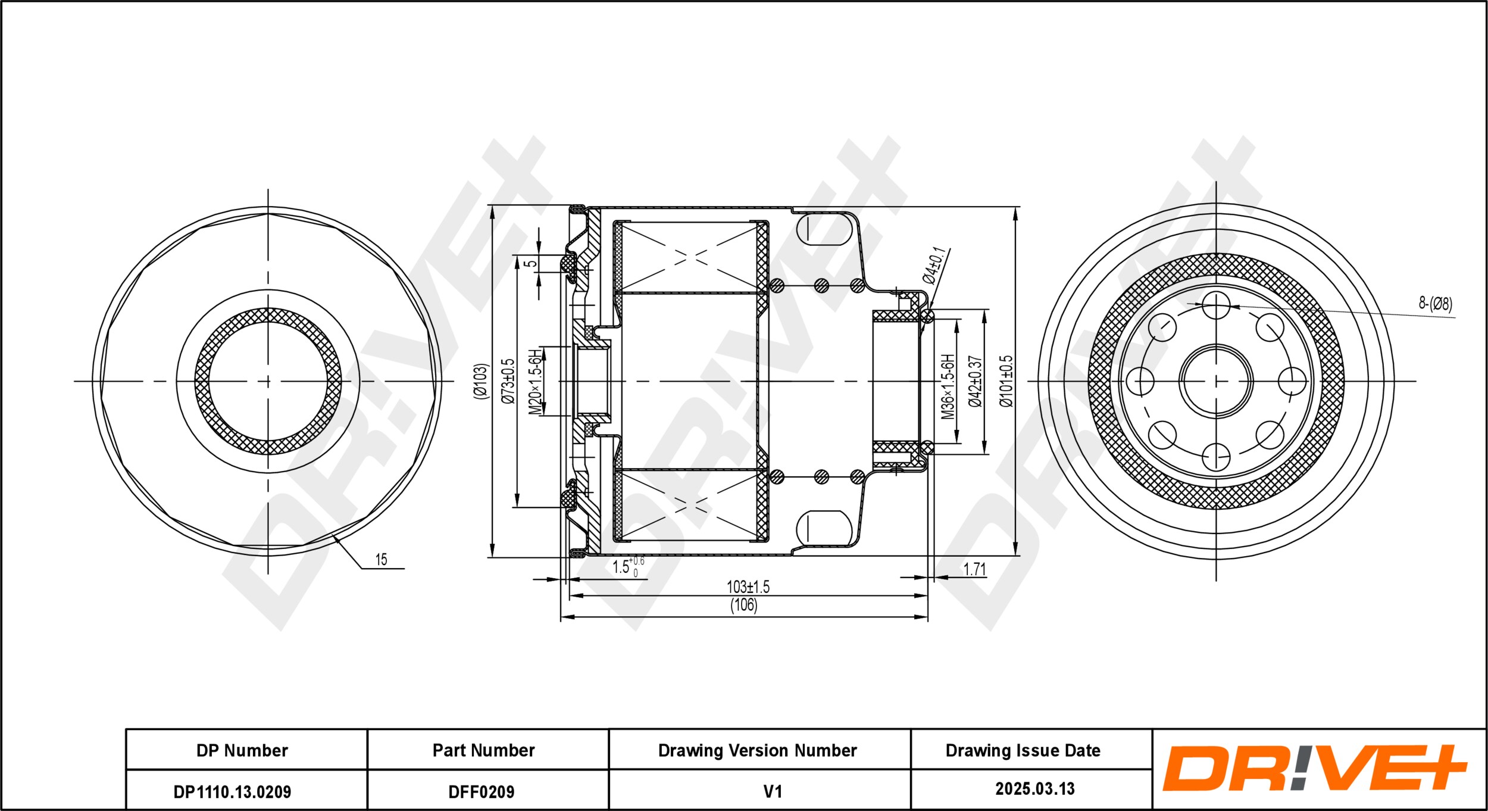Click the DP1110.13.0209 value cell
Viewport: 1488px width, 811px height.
(x=232, y=791)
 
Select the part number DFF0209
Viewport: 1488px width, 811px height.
(x=481, y=791)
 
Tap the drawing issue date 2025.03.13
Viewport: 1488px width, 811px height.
(x=1035, y=789)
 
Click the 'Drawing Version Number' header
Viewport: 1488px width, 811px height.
(x=757, y=750)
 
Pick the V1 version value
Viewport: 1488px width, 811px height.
(x=772, y=791)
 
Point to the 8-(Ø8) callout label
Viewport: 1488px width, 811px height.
(x=1435, y=304)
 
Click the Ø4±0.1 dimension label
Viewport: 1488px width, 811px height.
(x=933, y=266)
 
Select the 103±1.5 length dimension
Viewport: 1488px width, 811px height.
(x=748, y=587)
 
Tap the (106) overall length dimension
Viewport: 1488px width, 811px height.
(x=743, y=606)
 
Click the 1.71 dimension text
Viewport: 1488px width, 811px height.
(x=974, y=569)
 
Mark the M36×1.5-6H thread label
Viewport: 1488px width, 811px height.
(x=948, y=386)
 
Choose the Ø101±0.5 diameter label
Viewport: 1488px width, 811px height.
(x=1006, y=381)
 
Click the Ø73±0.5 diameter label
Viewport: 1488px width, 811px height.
(x=508, y=381)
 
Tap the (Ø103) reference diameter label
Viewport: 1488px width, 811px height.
(x=480, y=381)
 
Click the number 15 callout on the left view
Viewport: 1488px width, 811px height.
(x=381, y=559)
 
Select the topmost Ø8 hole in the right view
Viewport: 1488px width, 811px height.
(x=1215, y=306)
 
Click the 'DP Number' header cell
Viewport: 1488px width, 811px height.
(x=242, y=750)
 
